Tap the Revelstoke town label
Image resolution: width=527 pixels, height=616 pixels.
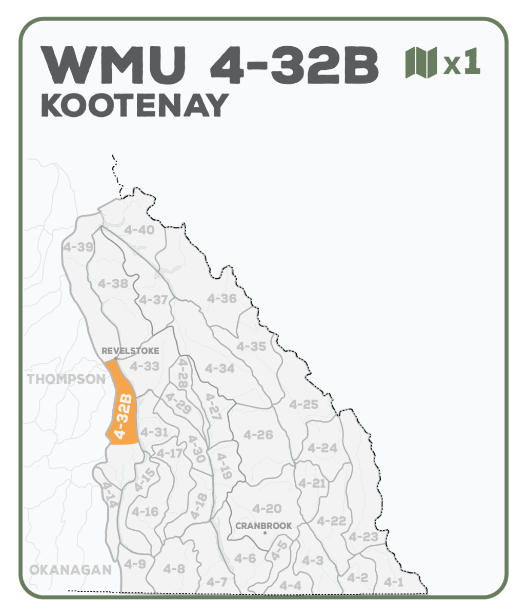coord(130,351)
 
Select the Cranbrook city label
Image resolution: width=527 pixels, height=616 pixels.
coord(263,526)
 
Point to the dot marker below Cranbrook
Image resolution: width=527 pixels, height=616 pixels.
coord(265,533)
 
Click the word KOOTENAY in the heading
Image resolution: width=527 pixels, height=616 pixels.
coord(134,105)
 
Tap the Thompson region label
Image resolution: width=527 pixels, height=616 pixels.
coord(66,379)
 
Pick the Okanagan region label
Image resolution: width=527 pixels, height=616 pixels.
coord(70,570)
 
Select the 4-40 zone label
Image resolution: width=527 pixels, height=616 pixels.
coord(139,230)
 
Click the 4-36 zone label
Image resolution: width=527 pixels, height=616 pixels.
coord(221,298)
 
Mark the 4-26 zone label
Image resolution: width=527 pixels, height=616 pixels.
coord(258,435)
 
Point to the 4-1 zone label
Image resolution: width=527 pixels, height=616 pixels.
coord(394,582)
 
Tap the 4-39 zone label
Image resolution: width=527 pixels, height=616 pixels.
coord(78,247)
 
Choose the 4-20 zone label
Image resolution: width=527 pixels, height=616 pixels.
coord(267,509)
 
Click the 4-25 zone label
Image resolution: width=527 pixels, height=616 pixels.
coord(303,405)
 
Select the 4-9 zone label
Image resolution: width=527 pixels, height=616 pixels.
coord(135,564)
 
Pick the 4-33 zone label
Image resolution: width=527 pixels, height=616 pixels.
coord(145,367)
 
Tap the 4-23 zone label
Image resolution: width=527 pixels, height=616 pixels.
coord(363,537)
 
